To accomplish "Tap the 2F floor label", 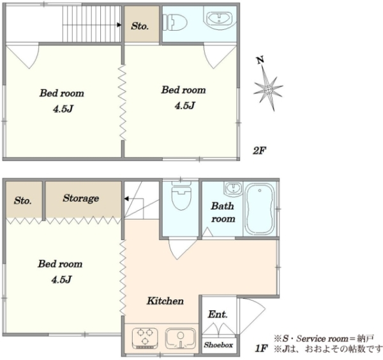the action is click(x=259, y=151).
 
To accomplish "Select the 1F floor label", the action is click(x=261, y=348).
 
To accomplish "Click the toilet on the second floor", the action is click(x=174, y=22).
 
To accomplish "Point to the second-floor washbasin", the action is click(x=220, y=19).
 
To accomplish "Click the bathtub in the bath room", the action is click(x=260, y=209).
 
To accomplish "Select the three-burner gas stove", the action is click(x=145, y=338).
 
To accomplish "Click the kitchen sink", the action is click(x=181, y=338).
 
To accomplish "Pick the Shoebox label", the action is click(x=218, y=345).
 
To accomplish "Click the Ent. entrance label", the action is click(x=218, y=314).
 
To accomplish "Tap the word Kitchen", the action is click(x=165, y=301).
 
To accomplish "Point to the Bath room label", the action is click(x=223, y=213).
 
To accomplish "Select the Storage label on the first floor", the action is click(x=81, y=198).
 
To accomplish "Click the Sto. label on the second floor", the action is click(x=140, y=26).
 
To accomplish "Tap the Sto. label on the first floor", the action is click(x=22, y=200).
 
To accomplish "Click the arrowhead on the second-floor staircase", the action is click(x=119, y=25).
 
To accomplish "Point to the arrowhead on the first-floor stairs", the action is click(x=126, y=199).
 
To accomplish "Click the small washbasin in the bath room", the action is click(x=233, y=188).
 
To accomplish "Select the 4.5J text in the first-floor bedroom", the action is click(x=61, y=280).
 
